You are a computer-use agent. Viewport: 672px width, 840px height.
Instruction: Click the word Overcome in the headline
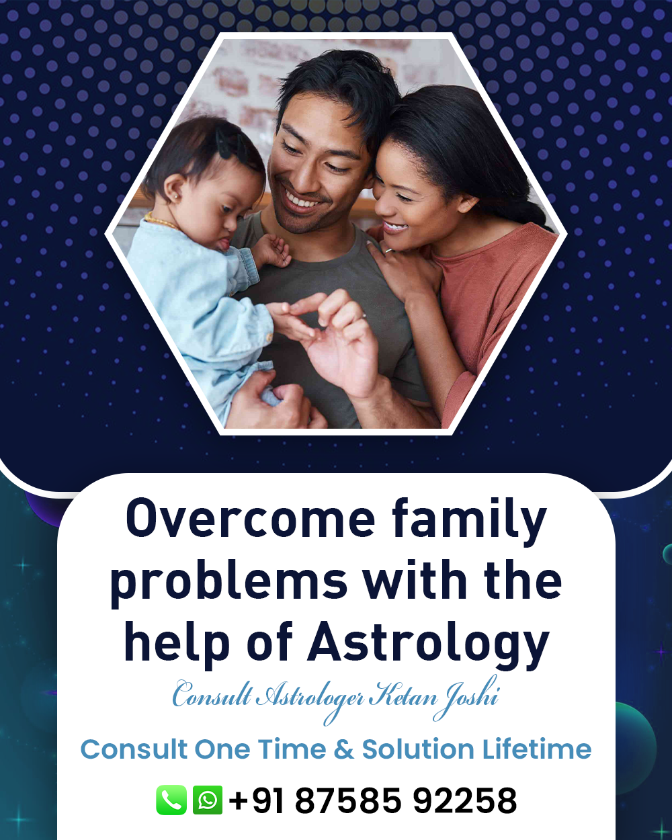tap(250, 519)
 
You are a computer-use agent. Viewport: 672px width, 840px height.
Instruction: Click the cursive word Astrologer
tap(311, 699)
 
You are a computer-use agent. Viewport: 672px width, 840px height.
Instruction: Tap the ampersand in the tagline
tap(344, 750)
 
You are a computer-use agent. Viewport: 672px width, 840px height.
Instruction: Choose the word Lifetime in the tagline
tap(537, 749)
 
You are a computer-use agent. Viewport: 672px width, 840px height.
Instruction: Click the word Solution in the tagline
tap(418, 749)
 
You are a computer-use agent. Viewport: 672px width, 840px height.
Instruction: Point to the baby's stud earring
tap(175, 196)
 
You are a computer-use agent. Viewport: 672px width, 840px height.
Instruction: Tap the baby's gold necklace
tap(161, 220)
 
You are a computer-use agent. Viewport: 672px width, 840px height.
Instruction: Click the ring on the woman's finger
tap(388, 250)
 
